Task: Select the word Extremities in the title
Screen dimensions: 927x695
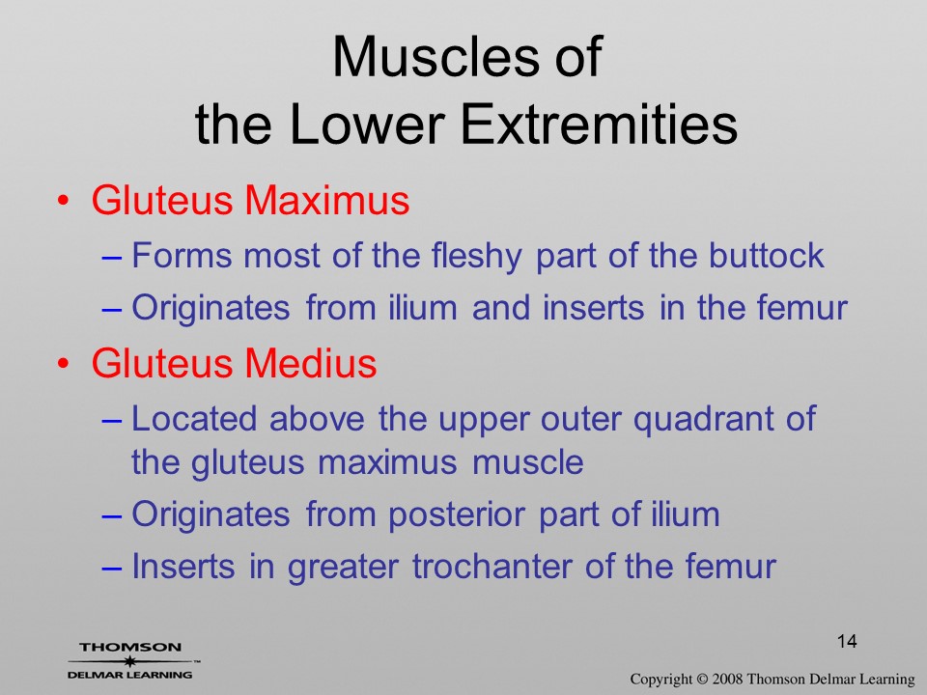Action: (599, 125)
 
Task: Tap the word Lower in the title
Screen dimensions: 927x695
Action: (367, 125)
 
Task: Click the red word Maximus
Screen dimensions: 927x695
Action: (327, 200)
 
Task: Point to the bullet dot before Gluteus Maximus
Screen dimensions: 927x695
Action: (64, 201)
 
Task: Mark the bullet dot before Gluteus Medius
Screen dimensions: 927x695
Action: (64, 364)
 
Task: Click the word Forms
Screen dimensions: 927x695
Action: (181, 255)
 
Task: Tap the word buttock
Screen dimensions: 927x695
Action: (766, 255)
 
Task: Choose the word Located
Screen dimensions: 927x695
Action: (194, 418)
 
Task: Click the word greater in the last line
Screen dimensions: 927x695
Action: (342, 568)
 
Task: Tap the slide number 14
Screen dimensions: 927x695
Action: (847, 641)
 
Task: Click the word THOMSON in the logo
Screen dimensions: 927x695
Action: (130, 647)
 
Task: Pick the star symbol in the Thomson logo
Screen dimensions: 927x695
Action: (129, 661)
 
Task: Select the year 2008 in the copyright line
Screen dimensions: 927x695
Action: (725, 680)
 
